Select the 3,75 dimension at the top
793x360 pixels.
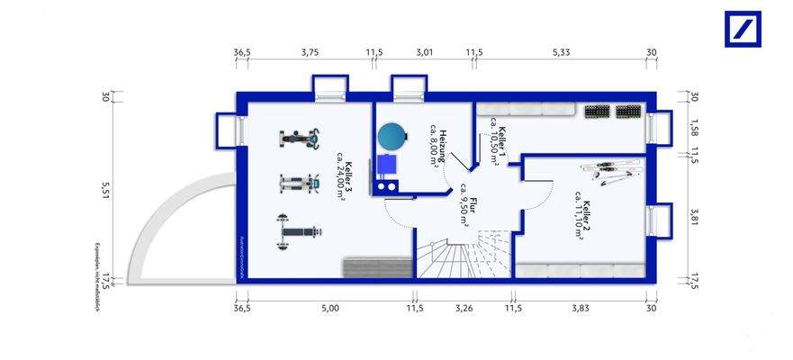point(310,53)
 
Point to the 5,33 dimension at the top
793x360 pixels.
point(560,53)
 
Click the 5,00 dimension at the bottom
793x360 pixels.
point(329,309)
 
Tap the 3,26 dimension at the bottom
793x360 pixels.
point(464,309)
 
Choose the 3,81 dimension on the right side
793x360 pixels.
point(694,216)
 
